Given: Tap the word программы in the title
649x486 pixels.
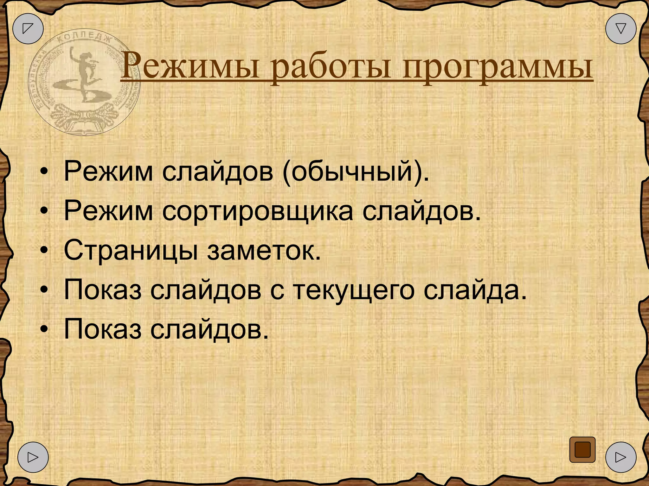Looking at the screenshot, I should click(x=498, y=68).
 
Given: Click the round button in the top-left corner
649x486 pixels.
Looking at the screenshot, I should click(x=28, y=28).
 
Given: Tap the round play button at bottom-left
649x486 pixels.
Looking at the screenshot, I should click(x=33, y=457).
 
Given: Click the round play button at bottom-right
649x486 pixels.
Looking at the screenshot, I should click(x=620, y=457).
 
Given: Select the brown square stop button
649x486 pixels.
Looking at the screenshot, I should click(x=582, y=450).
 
